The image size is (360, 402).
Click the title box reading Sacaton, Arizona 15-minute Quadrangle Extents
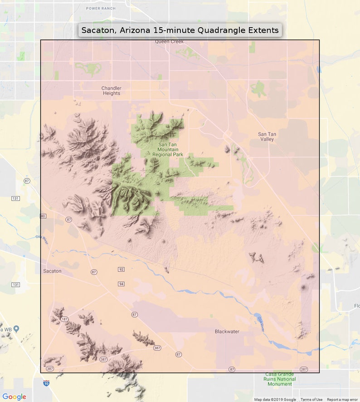click(180, 30)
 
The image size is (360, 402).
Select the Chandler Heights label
click(111, 90)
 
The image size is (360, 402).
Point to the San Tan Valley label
click(267, 137)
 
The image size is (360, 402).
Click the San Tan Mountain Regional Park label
click(168, 150)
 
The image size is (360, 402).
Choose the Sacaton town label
click(52, 271)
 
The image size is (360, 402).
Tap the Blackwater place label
click(227, 332)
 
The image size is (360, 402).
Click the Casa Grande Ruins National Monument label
click(280, 379)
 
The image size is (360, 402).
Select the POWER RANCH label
click(101, 8)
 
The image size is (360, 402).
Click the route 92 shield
click(121, 270)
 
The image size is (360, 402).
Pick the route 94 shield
click(121, 284)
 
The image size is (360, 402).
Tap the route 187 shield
click(65, 319)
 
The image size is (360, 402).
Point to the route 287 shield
click(303, 369)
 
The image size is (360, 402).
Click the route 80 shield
click(43, 216)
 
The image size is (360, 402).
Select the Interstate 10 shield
click(46, 383)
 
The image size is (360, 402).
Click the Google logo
click(14, 397)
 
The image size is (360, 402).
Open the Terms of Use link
click(311, 400)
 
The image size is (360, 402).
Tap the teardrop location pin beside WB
click(16, 328)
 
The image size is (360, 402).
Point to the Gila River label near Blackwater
click(261, 324)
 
